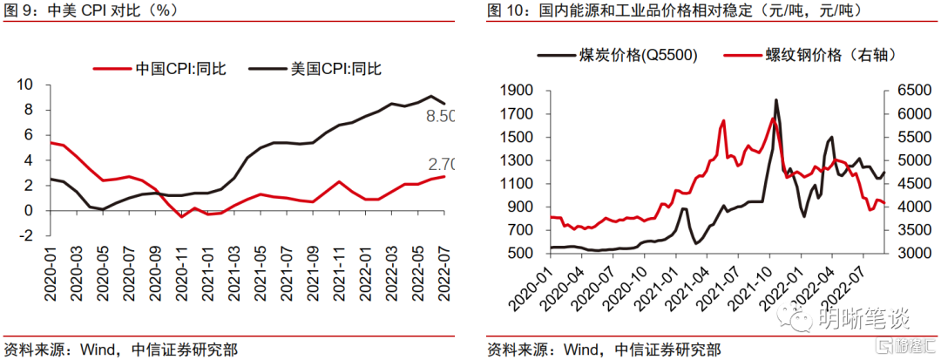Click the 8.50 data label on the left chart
(x=442, y=116)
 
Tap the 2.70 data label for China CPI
(x=442, y=163)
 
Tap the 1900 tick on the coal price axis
(x=514, y=90)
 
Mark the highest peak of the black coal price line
(x=775, y=99)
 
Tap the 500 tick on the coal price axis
(x=518, y=253)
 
